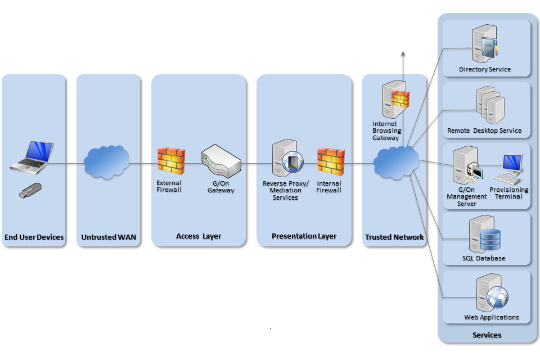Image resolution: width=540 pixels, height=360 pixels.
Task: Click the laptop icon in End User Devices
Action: pyautogui.click(x=32, y=156)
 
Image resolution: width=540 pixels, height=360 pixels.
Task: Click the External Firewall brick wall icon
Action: pyautogui.click(x=171, y=160)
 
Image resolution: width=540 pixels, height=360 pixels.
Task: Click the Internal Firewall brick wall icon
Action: pyautogui.click(x=331, y=161)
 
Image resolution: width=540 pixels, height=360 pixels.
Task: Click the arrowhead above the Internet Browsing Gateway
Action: pyautogui.click(x=403, y=53)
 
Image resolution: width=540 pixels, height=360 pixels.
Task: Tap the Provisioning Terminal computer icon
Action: pyautogui.click(x=510, y=168)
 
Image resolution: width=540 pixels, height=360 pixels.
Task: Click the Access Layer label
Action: pyautogui.click(x=199, y=236)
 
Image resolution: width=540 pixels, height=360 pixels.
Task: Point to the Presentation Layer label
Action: pyautogui.click(x=304, y=236)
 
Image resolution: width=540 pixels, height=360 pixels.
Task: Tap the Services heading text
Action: pyautogui.click(x=487, y=335)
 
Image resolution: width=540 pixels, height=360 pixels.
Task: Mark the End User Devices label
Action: pyautogui.click(x=34, y=237)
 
